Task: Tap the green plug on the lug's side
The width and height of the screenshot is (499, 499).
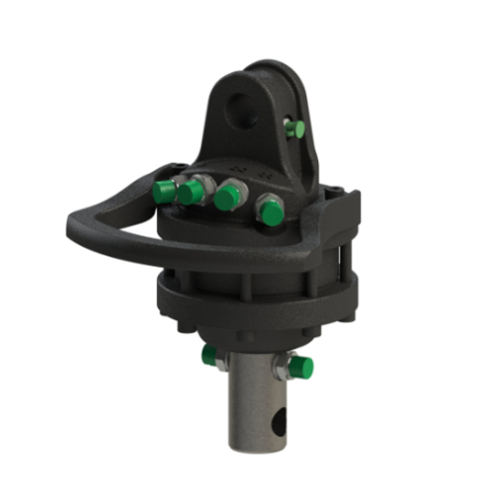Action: pyautogui.click(x=292, y=128)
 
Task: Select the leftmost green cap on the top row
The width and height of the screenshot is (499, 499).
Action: pyautogui.click(x=164, y=193)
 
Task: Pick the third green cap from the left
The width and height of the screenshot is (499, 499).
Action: pyautogui.click(x=227, y=198)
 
